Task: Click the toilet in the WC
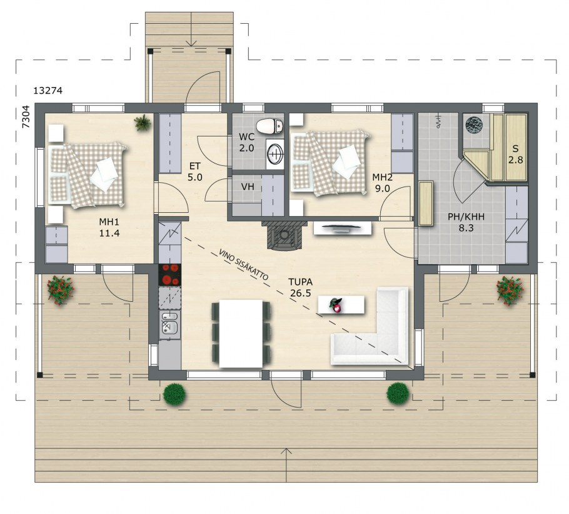point(269,126)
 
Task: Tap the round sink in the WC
point(274,153)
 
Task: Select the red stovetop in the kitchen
point(169,274)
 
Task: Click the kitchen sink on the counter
point(169,322)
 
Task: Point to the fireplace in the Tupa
point(284,235)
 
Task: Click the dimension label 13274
point(48,90)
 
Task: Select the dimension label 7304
point(26,116)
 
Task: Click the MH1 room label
point(109,222)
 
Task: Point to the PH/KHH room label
point(466,217)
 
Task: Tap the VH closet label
point(248,187)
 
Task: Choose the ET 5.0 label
point(195,172)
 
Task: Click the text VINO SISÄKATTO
point(243,265)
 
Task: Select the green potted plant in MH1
point(143,123)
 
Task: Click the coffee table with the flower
point(341,304)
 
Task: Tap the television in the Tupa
point(343,228)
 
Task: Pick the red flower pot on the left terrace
point(60,290)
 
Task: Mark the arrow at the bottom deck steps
point(286,465)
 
